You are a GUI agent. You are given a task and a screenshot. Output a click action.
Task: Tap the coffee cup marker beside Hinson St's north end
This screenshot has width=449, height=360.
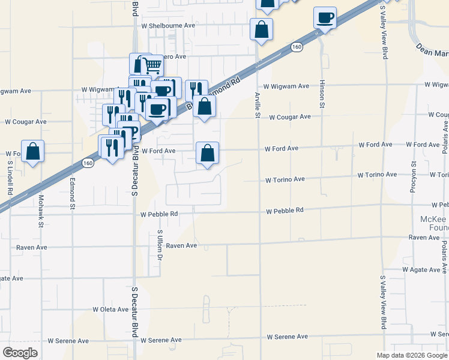pos(325,18)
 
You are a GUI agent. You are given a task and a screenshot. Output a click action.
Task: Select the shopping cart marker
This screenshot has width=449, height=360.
pos(152,65)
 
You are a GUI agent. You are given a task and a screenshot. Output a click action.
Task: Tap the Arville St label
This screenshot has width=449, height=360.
pos(257,104)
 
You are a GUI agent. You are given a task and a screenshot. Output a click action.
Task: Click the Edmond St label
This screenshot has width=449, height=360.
pos(72,193)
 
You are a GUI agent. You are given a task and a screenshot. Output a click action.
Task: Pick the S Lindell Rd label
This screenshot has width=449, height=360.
pos(10,178)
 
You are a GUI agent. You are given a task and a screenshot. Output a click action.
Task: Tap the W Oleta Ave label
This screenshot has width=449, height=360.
pos(113,310)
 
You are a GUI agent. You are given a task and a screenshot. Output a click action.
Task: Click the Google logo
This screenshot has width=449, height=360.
pos(20,352)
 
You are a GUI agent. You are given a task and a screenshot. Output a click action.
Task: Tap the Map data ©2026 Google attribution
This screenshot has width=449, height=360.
pos(411,355)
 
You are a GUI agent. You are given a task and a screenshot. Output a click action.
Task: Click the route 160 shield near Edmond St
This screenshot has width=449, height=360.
pos(88,163)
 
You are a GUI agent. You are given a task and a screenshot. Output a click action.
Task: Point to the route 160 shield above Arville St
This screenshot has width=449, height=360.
pos(296,46)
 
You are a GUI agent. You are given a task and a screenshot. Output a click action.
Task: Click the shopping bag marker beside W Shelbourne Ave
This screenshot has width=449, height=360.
pos(261,29)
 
